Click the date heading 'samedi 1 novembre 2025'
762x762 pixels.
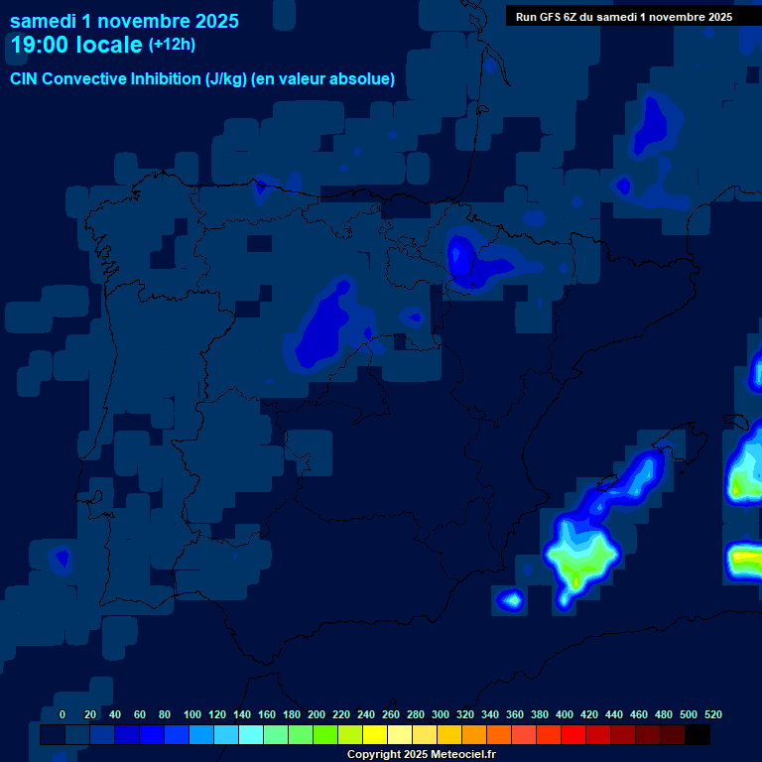[124, 21]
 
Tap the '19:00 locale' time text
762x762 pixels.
[76, 45]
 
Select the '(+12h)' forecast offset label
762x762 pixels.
[172, 44]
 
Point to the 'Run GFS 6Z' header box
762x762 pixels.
[624, 16]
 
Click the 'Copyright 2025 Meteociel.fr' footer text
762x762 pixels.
[421, 754]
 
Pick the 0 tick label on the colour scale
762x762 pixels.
[63, 714]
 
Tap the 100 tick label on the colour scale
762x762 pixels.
[192, 714]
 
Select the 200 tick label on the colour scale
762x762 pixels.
[317, 714]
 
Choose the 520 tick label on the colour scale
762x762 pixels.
[712, 714]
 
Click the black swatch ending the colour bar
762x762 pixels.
[698, 735]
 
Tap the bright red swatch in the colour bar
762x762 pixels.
[573, 735]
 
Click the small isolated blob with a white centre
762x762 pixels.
[511, 599]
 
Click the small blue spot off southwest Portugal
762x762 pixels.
[62, 559]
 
